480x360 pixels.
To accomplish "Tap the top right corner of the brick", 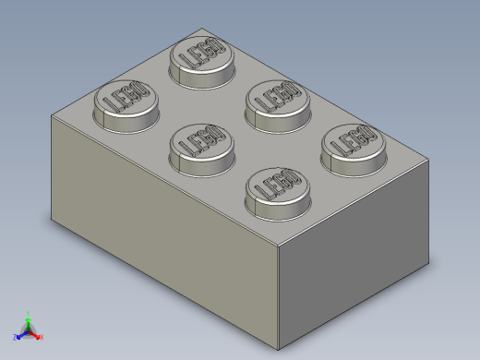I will [x=429, y=161].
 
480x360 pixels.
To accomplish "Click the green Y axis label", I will [x=29, y=314].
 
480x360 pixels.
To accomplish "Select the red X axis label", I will [x=42, y=336].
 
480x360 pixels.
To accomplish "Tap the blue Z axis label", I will [x=16, y=337].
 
